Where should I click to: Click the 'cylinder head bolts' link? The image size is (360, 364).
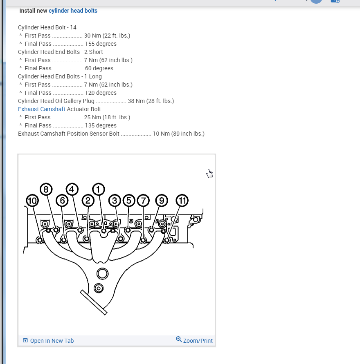(x=73, y=11)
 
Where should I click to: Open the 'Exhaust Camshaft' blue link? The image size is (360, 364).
(x=41, y=109)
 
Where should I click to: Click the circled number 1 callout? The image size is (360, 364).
(x=98, y=189)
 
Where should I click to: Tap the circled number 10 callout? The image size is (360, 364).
(x=32, y=201)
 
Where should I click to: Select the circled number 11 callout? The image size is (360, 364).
(x=182, y=201)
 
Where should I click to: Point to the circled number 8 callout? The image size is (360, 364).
(x=46, y=189)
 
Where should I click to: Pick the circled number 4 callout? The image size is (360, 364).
(x=72, y=189)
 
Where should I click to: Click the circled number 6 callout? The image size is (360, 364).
(x=62, y=201)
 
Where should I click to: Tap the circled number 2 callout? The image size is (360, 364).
(x=88, y=201)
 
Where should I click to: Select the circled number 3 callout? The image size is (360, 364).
(x=115, y=201)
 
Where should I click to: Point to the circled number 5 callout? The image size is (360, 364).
(x=128, y=201)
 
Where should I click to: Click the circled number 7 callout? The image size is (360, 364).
(x=143, y=201)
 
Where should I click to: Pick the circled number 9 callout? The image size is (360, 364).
(x=162, y=201)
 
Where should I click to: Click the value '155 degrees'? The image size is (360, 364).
(x=100, y=44)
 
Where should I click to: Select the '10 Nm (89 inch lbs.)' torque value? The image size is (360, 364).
(x=178, y=134)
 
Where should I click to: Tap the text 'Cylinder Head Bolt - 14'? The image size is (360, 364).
(x=47, y=27)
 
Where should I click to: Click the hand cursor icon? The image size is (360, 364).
(x=210, y=174)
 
